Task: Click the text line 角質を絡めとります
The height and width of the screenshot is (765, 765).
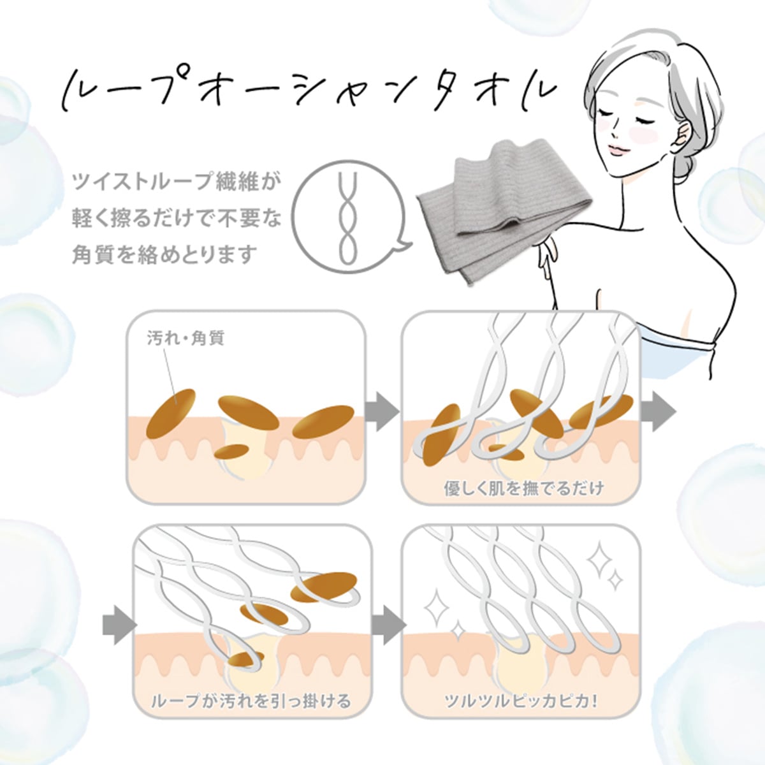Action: [164, 254]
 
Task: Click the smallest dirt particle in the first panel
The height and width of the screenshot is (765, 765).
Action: [230, 451]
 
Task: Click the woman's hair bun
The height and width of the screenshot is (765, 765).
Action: [695, 159]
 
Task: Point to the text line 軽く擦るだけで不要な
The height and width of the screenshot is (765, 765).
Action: [177, 219]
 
